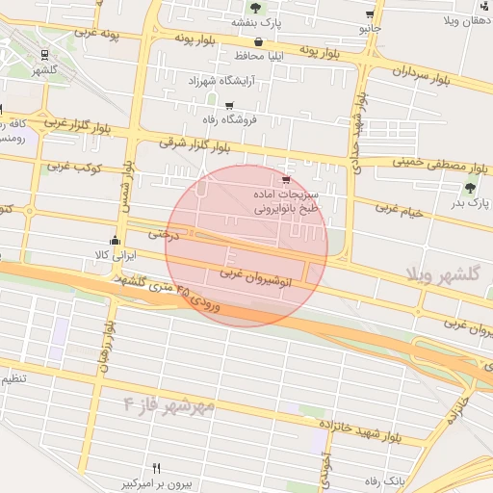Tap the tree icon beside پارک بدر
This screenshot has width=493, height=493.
[x=470, y=188]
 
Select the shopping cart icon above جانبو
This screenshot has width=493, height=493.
[x=371, y=14]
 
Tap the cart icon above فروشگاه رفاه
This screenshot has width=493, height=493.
[x=228, y=106]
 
